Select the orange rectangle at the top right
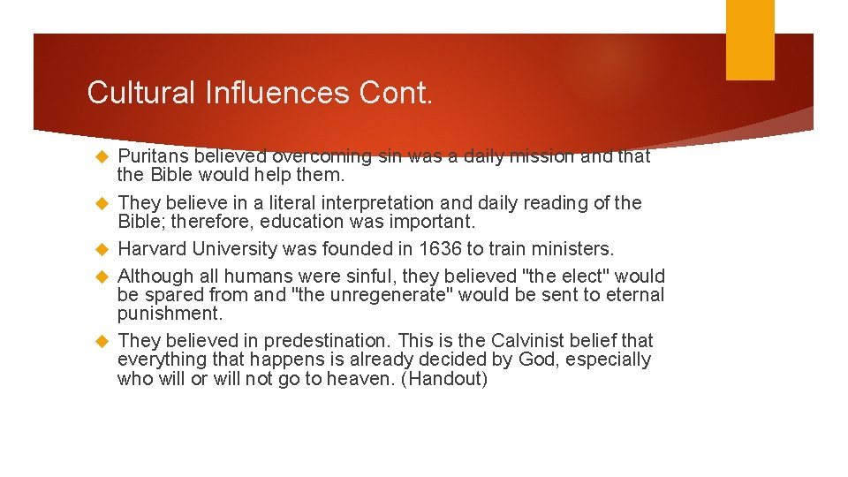click(750, 40)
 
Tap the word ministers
click(575, 249)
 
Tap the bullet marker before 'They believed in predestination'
click(100, 341)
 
